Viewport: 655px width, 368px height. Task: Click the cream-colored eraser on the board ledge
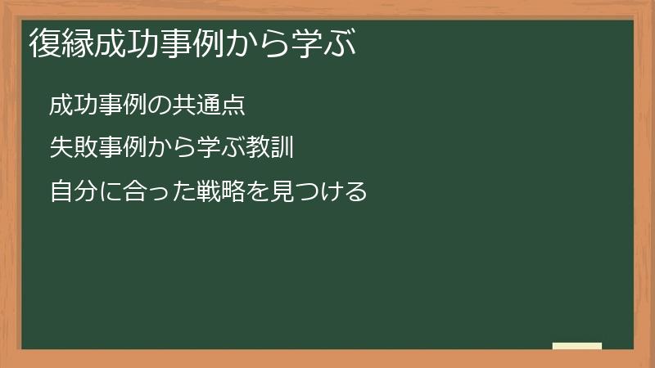tap(577, 346)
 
